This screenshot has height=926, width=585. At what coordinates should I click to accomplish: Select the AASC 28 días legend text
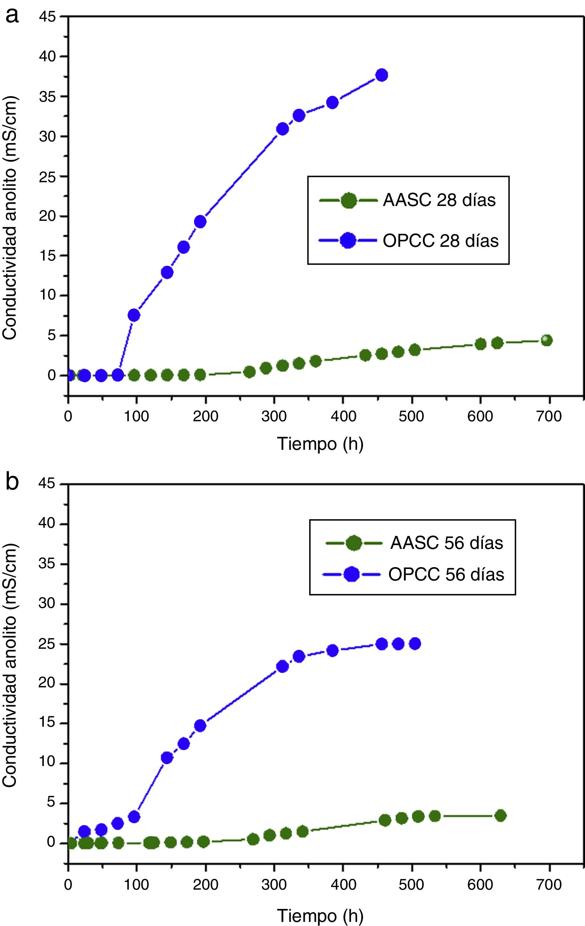click(x=439, y=200)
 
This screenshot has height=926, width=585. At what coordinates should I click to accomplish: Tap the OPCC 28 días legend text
click(x=440, y=241)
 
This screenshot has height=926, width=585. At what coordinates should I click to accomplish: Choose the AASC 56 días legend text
click(x=447, y=543)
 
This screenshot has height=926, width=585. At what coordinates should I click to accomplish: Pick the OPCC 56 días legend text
click(x=446, y=575)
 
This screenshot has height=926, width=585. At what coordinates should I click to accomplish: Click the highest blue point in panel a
click(x=382, y=75)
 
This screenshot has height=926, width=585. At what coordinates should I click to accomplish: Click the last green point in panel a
click(x=546, y=340)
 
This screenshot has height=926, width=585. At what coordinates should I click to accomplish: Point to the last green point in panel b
click(x=500, y=815)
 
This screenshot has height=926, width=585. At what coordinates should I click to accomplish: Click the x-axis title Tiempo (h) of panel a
click(x=320, y=444)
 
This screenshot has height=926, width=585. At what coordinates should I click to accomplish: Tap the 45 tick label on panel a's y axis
click(x=47, y=17)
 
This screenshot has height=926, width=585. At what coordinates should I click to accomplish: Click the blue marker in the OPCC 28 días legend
click(x=348, y=241)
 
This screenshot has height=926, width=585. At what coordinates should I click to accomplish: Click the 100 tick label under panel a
click(x=137, y=416)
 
